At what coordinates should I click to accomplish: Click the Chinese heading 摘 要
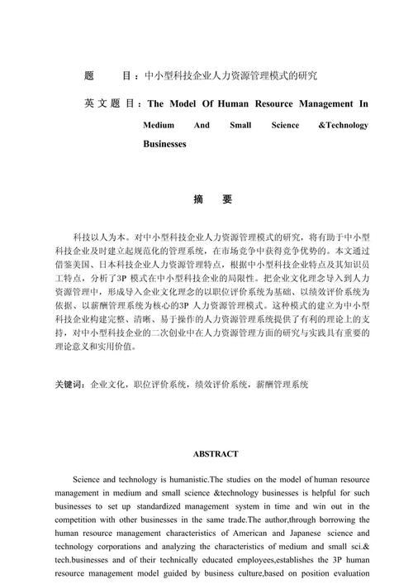coord(212,200)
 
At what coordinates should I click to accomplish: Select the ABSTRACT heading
coord(216,454)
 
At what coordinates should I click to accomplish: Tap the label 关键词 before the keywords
coord(69,385)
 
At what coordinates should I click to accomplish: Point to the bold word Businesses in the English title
coord(164,144)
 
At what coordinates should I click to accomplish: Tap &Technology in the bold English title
coord(343,125)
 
